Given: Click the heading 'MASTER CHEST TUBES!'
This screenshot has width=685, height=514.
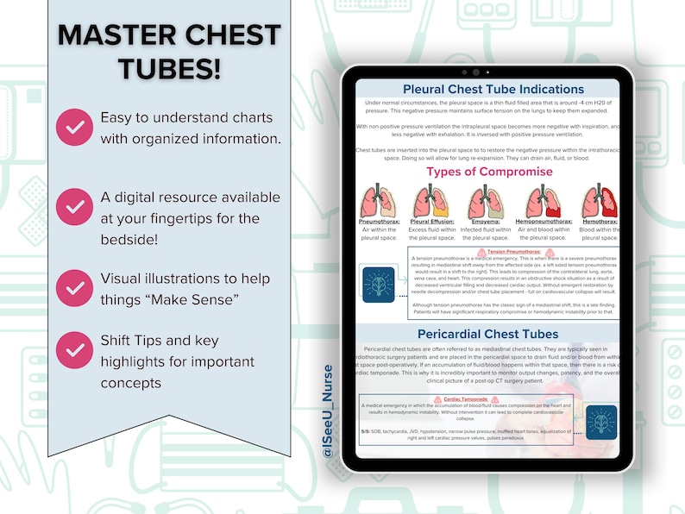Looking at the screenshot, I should point(169,51).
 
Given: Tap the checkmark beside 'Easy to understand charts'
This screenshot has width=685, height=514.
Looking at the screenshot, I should point(75,128).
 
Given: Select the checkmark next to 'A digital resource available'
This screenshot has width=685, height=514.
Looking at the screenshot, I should point(75,207).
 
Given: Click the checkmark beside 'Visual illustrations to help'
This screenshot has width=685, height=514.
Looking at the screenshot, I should point(75,288).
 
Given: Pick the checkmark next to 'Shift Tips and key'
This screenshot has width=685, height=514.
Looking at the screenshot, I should point(75,349).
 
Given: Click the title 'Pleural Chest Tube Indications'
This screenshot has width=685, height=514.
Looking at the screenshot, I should point(493,89).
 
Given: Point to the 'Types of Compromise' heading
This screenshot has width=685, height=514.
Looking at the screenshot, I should point(489,171).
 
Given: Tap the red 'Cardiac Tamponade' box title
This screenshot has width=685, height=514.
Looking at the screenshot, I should point(471,399).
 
